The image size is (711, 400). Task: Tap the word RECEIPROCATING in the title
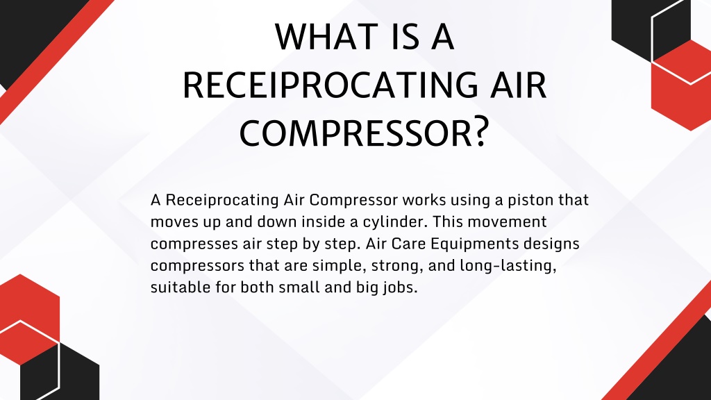pos(330,85)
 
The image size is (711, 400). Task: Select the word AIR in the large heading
pos(518,85)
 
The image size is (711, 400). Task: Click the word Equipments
pos(474,244)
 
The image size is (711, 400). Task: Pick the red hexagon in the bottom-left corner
pos(28,317)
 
